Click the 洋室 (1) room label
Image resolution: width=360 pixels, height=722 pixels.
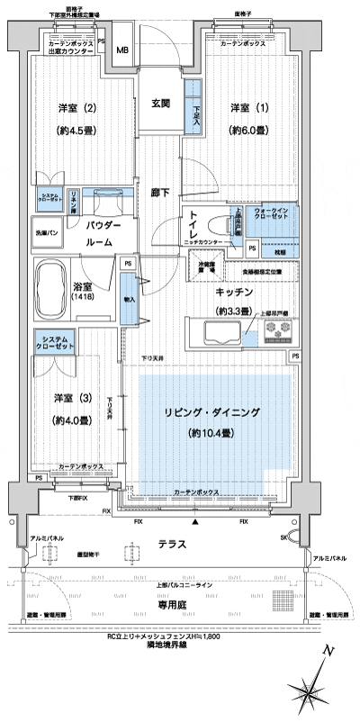click(238, 108)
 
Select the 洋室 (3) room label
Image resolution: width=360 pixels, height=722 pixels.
click(67, 397)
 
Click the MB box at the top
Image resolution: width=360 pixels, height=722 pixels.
click(123, 52)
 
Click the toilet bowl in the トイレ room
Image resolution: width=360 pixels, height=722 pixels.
click(225, 226)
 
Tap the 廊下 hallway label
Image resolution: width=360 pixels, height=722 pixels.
click(162, 193)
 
